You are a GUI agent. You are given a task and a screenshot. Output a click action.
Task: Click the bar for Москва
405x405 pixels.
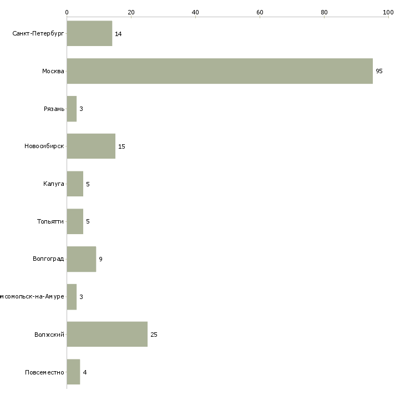coord(220,71)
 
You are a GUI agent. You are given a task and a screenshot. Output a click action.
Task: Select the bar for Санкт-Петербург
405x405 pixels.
coord(89,33)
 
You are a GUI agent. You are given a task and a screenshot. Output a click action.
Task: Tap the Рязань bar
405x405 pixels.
coord(72,109)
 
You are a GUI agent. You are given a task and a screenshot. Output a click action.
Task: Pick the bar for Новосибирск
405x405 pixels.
coord(91,146)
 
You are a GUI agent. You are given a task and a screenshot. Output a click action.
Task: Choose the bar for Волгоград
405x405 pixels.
coord(81,259)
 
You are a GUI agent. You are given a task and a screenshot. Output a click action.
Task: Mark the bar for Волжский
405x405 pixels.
coord(107,335)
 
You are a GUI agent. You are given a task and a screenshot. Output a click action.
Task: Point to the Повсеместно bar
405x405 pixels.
coord(73,372)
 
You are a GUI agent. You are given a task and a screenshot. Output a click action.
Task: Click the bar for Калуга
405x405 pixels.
coord(75,184)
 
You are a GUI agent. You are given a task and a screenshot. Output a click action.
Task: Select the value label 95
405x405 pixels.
coord(379,72)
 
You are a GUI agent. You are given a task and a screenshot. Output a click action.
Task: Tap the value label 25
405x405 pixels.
coord(154,335)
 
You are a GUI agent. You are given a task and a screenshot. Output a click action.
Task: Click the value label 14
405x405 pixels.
coord(118,34)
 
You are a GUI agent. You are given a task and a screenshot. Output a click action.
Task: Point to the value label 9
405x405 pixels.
coord(100,259)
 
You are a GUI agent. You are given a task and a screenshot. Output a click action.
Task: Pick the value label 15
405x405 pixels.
coord(121,146)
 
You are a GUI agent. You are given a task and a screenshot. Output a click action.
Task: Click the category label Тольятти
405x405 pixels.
coord(50,221)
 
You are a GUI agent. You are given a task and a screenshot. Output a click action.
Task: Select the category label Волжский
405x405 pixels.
coord(49,335)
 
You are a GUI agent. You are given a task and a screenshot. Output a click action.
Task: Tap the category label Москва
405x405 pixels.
coord(53,71)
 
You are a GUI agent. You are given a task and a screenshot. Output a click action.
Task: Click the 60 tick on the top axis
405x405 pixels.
coord(260,12)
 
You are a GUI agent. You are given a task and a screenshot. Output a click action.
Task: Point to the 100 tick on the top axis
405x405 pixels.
coord(388,12)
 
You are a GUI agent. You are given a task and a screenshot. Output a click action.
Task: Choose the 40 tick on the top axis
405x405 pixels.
coord(195,12)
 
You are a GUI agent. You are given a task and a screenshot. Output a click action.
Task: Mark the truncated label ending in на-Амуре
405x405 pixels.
coord(32,297)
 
